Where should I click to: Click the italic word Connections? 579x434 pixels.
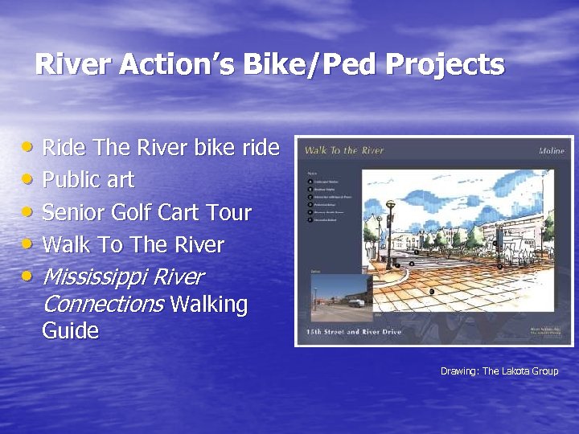(x=103, y=305)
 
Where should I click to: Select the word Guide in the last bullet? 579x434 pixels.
(x=71, y=331)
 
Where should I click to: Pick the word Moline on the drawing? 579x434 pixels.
(x=551, y=150)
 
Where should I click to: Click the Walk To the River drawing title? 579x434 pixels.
(x=344, y=150)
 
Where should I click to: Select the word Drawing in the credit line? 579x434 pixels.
(x=458, y=371)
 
